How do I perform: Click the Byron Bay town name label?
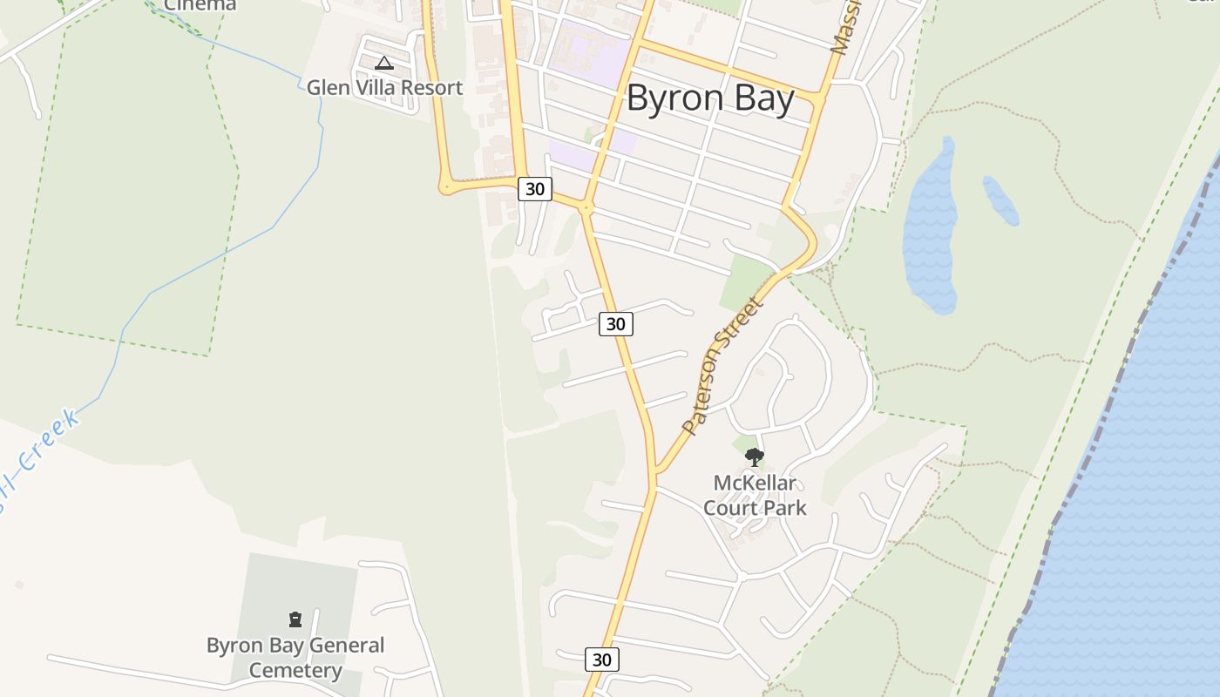(x=710, y=98)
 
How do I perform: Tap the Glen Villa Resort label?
(x=384, y=88)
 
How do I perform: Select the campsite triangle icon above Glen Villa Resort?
(x=384, y=63)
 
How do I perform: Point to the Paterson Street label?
(x=722, y=365)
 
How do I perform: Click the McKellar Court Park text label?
(x=755, y=496)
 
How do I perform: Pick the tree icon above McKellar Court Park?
(x=755, y=457)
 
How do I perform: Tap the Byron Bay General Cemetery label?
(x=295, y=658)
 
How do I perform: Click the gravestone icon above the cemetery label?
(x=295, y=619)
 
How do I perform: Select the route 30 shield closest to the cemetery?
(x=601, y=660)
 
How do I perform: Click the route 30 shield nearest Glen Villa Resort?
(x=535, y=188)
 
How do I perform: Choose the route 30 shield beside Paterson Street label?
(x=615, y=324)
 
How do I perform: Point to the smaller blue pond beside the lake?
(x=1000, y=200)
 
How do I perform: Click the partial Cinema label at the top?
(x=200, y=5)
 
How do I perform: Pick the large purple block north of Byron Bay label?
(x=588, y=52)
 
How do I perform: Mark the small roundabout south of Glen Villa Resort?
(x=446, y=186)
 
